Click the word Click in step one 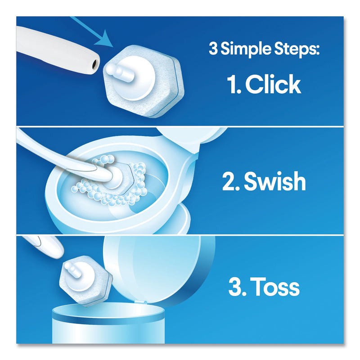(272, 85)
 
